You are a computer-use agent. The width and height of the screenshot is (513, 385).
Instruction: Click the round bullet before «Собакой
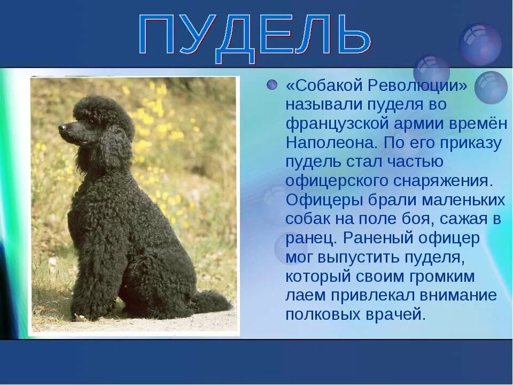tap(273, 85)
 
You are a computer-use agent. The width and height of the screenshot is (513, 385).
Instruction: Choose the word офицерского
tap(341, 181)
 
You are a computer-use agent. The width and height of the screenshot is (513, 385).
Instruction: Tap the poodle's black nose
tap(63, 128)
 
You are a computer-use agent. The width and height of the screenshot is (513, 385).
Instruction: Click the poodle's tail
tap(211, 302)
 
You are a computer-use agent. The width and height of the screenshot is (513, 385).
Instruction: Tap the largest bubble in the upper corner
tap(480, 44)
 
